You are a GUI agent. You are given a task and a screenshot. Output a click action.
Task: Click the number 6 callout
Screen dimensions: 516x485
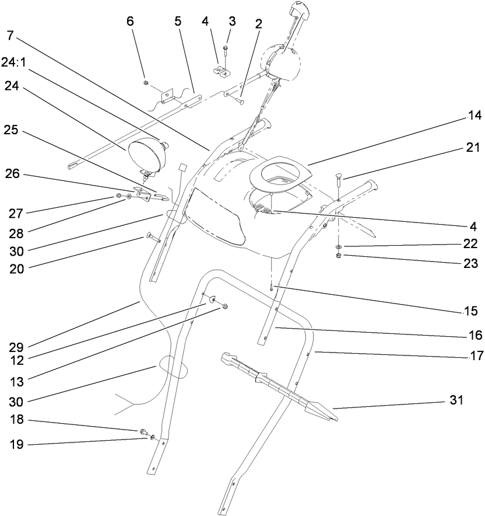130,21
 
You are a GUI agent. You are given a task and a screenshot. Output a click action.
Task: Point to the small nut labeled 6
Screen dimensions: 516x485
146,83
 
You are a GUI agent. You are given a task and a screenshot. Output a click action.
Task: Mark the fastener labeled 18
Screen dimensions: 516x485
142,433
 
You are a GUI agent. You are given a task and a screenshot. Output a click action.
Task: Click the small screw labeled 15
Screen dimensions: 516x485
272,287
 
